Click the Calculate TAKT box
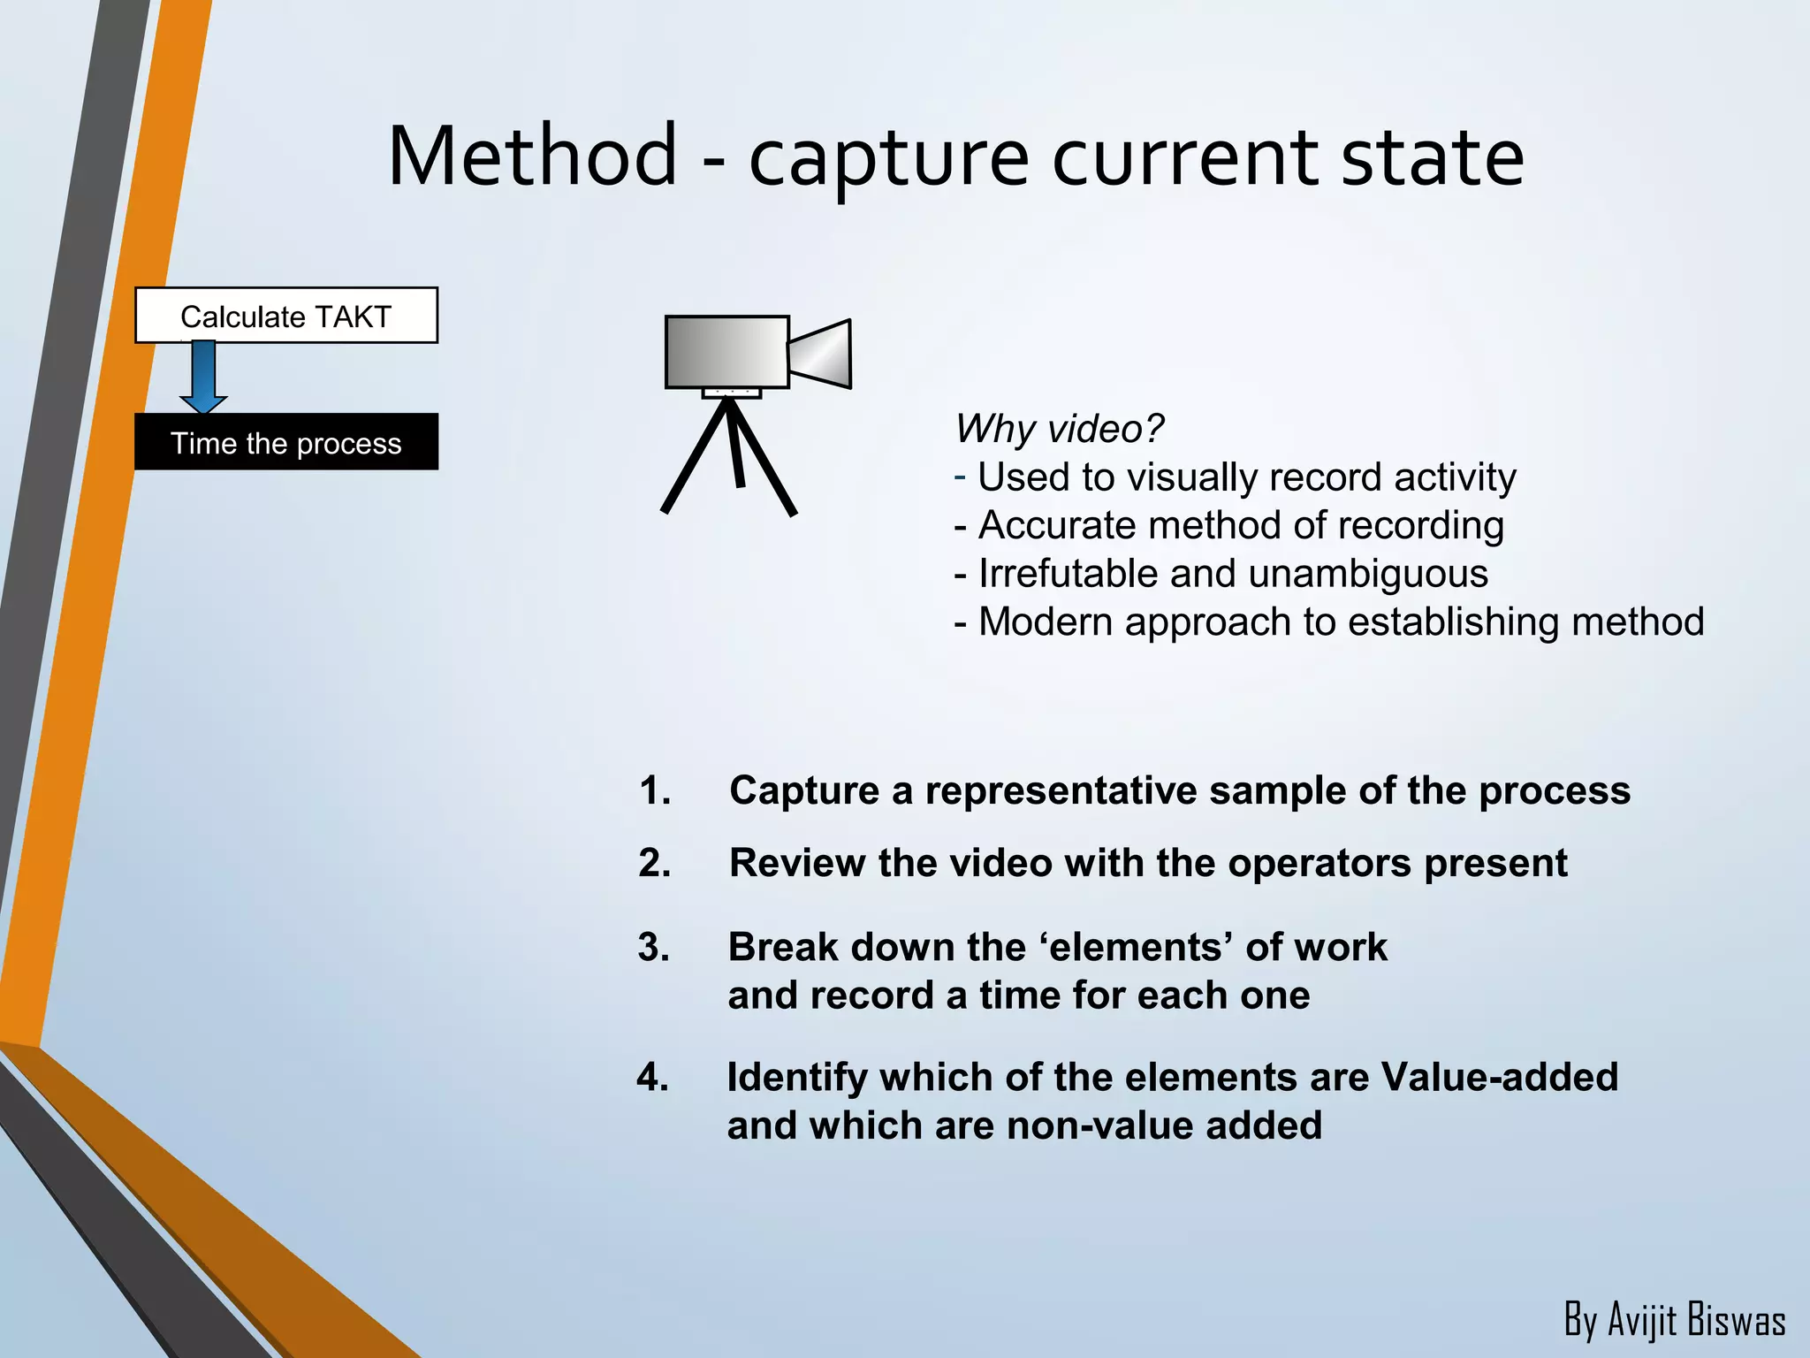[285, 316]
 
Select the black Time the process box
[285, 442]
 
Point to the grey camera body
[726, 352]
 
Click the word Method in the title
[532, 156]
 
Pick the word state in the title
[1432, 156]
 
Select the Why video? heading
[1059, 429]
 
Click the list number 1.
[654, 790]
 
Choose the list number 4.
[652, 1077]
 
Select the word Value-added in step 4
[1499, 1077]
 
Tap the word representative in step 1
[1061, 790]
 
